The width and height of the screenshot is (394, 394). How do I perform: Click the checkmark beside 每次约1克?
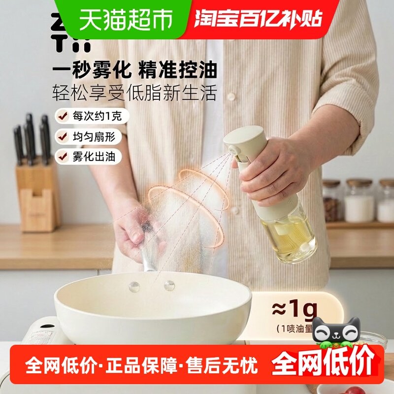click(63, 116)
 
